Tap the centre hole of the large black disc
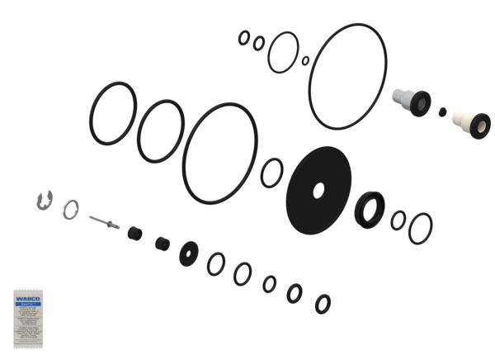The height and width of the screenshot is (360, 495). point(318,191)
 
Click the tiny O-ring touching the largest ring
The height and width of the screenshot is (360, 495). point(305,60)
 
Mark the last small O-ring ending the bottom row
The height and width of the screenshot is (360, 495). point(323,303)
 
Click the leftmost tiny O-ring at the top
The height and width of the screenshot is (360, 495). point(243,36)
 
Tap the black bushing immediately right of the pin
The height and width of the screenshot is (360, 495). point(132,234)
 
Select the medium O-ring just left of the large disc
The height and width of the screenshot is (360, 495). point(271,174)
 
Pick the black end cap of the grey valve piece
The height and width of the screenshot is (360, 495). point(421,102)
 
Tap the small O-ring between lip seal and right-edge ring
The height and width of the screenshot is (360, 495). point(398,219)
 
